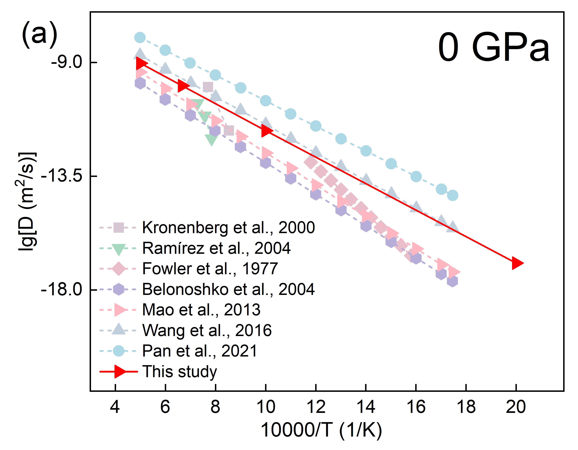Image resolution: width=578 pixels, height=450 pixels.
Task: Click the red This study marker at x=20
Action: pyautogui.click(x=517, y=263)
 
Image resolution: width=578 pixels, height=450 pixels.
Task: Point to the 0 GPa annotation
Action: pyautogui.click(x=494, y=48)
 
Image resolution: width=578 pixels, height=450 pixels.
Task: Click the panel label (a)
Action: pyautogui.click(x=40, y=35)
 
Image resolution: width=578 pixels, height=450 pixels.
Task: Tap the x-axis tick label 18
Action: pyautogui.click(x=466, y=407)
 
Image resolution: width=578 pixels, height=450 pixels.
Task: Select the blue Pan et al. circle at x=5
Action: pyautogui.click(x=140, y=38)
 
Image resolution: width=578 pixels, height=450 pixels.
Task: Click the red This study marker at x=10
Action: pyautogui.click(x=266, y=131)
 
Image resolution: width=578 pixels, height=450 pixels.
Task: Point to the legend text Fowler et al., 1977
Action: pyautogui.click(x=210, y=269)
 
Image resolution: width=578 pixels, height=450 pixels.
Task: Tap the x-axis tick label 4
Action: pyautogui.click(x=115, y=407)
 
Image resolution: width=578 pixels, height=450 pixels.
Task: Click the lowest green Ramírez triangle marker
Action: pyautogui.click(x=211, y=139)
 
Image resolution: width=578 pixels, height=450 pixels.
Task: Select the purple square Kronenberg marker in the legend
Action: pyautogui.click(x=118, y=228)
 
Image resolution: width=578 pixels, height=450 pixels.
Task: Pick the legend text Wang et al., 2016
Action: pyautogui.click(x=207, y=330)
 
